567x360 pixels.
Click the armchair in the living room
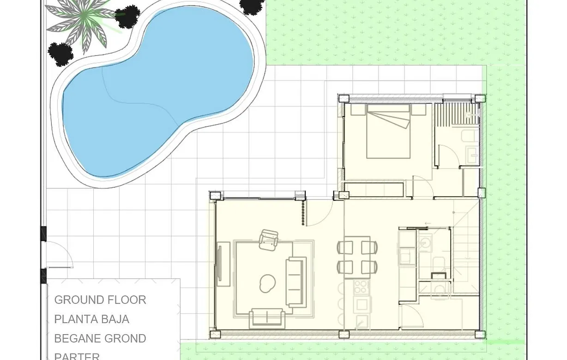click(269, 240)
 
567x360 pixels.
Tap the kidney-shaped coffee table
click(267, 283)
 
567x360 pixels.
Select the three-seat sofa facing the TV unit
click(296, 282)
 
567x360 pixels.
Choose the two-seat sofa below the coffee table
click(265, 318)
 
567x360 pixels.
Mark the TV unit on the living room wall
click(220, 264)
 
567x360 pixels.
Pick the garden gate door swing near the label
click(60, 254)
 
